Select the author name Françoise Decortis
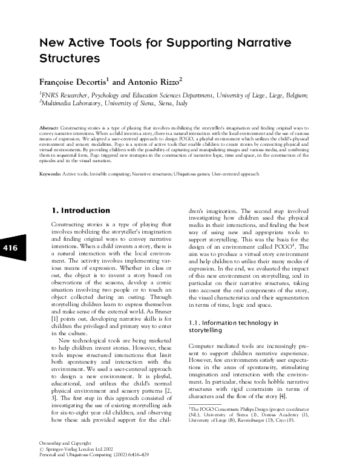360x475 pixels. click(x=73, y=81)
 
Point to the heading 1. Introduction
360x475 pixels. click(x=80, y=211)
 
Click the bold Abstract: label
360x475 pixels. click(x=49, y=129)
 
